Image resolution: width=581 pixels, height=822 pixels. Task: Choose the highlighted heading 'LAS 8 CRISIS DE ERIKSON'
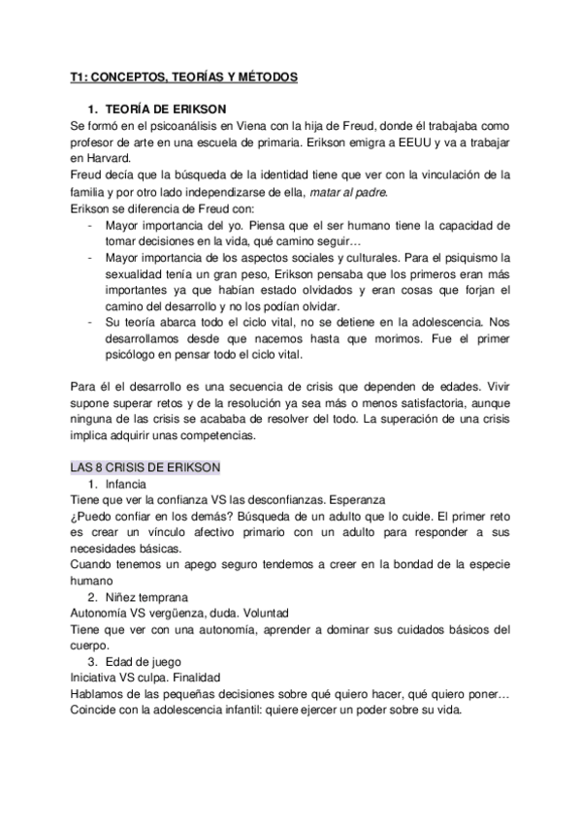tap(145, 467)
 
